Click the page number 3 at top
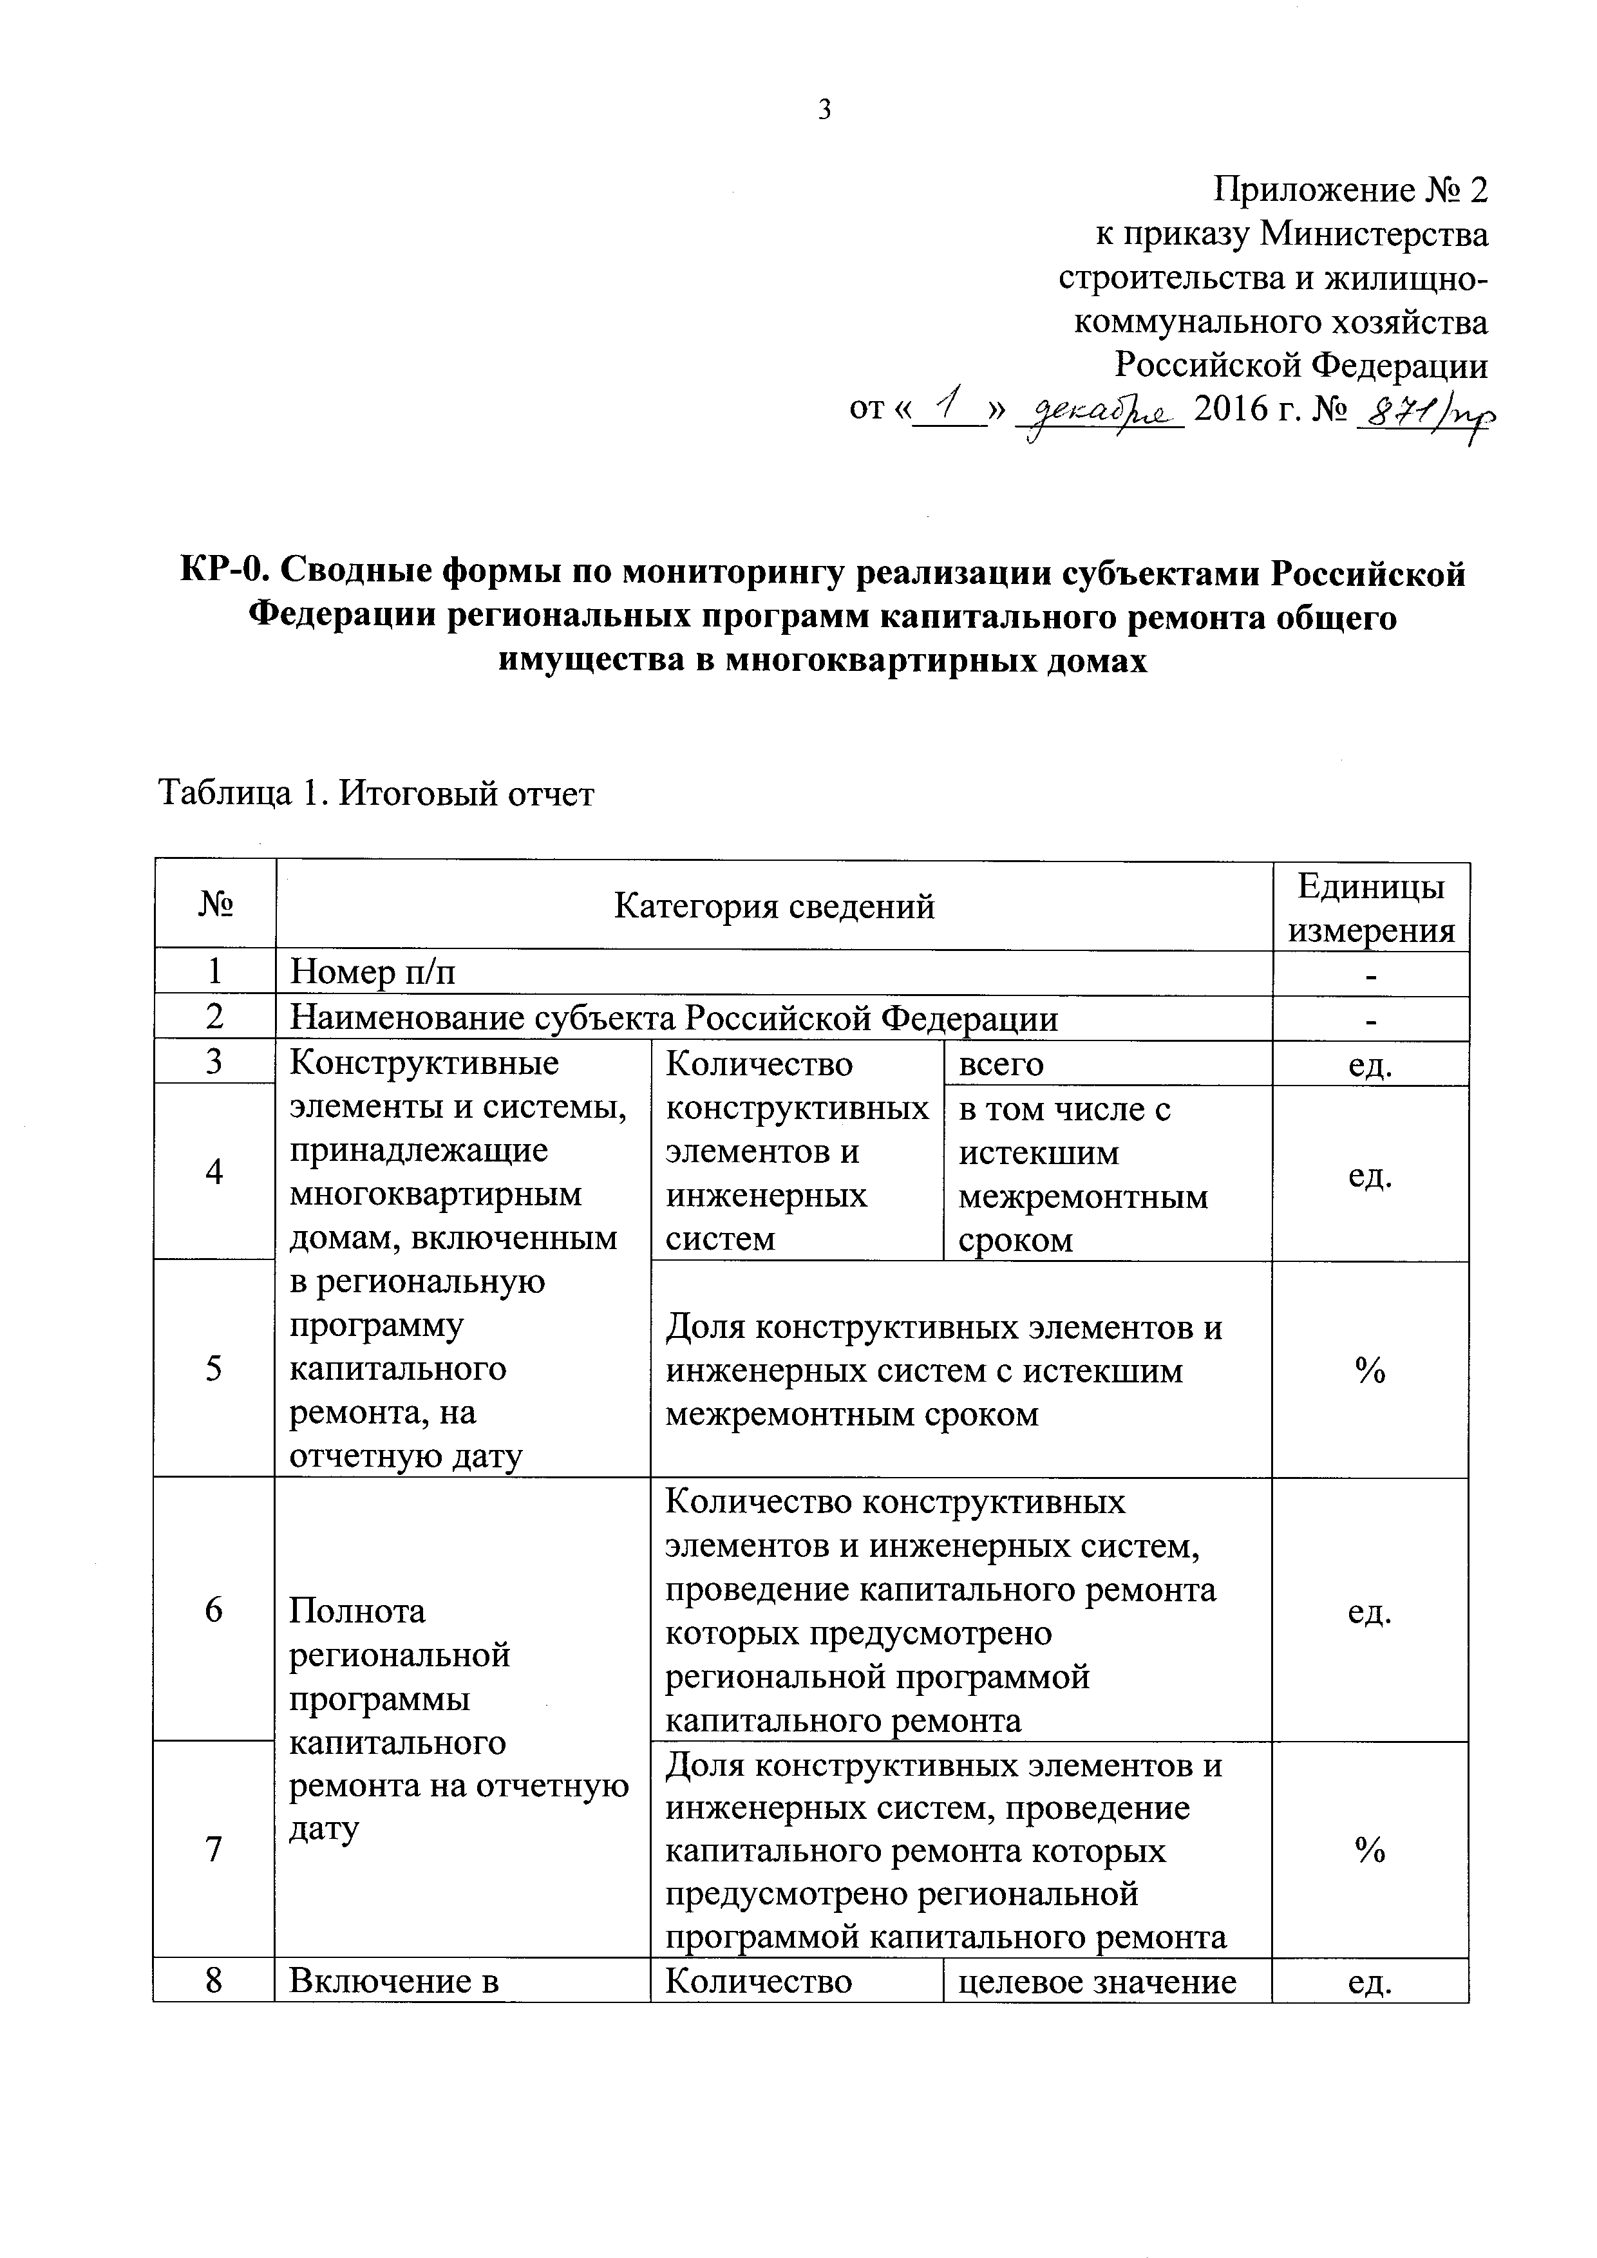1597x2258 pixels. click(824, 110)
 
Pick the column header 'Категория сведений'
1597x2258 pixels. click(774, 906)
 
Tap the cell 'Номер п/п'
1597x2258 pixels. click(373, 974)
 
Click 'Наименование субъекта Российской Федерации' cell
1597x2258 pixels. click(675, 1019)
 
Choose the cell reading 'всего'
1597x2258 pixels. click(1001, 1064)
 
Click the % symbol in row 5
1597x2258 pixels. click(1370, 1371)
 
